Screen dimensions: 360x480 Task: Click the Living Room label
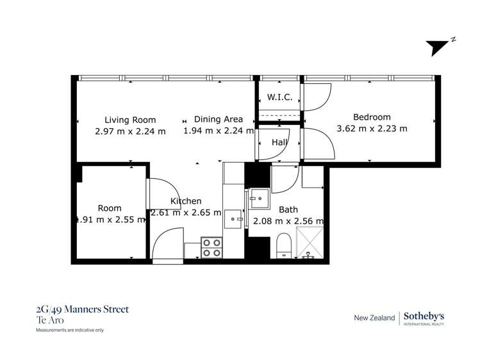coord(130,120)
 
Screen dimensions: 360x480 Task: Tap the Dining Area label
coord(218,119)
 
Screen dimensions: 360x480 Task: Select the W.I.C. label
coord(279,97)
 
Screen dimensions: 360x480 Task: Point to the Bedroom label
coord(372,117)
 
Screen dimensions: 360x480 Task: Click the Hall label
coord(279,142)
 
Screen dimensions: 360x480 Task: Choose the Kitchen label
coord(186,201)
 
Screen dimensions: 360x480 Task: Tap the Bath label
coord(288,209)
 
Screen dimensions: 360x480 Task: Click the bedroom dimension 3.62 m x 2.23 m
coord(372,128)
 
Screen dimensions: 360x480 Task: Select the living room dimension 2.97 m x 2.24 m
coord(130,131)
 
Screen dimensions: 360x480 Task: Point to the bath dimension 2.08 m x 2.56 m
coord(288,221)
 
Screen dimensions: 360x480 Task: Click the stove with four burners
coord(211,248)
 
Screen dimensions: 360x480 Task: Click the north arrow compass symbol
coord(440,47)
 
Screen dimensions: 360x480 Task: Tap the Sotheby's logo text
coord(426,316)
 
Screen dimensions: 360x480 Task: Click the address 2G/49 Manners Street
coord(82,309)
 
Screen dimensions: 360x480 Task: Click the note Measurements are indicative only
coord(69,331)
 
